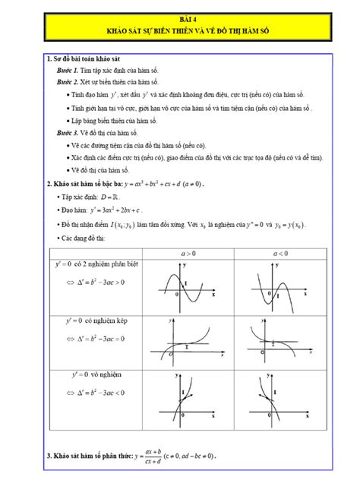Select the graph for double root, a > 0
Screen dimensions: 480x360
188,342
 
